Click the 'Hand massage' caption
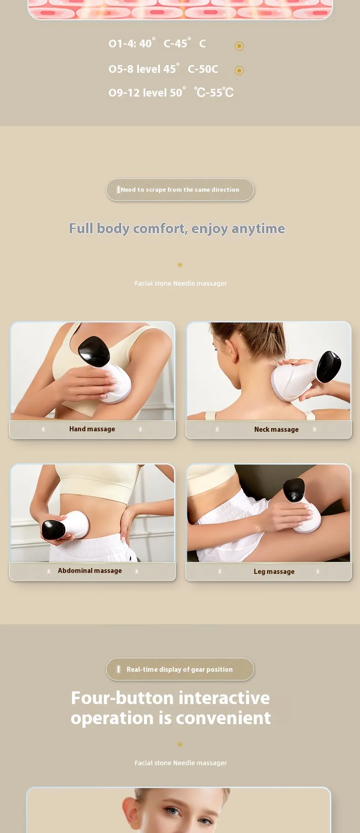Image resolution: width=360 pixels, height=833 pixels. [x=92, y=429]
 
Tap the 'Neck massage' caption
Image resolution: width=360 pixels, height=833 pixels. [x=276, y=429]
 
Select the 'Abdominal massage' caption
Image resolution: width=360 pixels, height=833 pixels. [x=90, y=571]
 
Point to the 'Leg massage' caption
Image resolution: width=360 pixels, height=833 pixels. [x=274, y=572]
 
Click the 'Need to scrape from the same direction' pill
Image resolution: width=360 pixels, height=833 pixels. [x=180, y=189]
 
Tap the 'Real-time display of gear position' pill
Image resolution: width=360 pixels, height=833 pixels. [x=180, y=669]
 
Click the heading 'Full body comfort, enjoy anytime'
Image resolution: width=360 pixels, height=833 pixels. [x=177, y=229]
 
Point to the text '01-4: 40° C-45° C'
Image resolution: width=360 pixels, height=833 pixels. [x=157, y=43]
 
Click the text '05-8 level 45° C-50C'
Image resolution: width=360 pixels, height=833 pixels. [x=163, y=69]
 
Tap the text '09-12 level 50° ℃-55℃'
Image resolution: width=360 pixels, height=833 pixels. [x=171, y=92]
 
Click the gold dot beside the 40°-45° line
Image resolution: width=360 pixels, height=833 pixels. [x=239, y=46]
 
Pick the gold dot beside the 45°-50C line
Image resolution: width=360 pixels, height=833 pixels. [x=239, y=70]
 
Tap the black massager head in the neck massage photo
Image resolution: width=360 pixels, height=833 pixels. [x=329, y=366]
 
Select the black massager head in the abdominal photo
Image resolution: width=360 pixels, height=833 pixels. [x=54, y=529]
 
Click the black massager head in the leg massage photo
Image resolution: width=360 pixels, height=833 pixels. [x=294, y=490]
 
